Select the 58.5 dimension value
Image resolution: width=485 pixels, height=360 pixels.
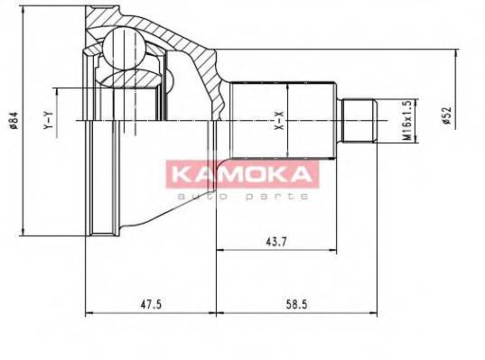(294, 304)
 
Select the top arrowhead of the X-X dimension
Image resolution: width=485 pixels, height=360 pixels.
(286, 87)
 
